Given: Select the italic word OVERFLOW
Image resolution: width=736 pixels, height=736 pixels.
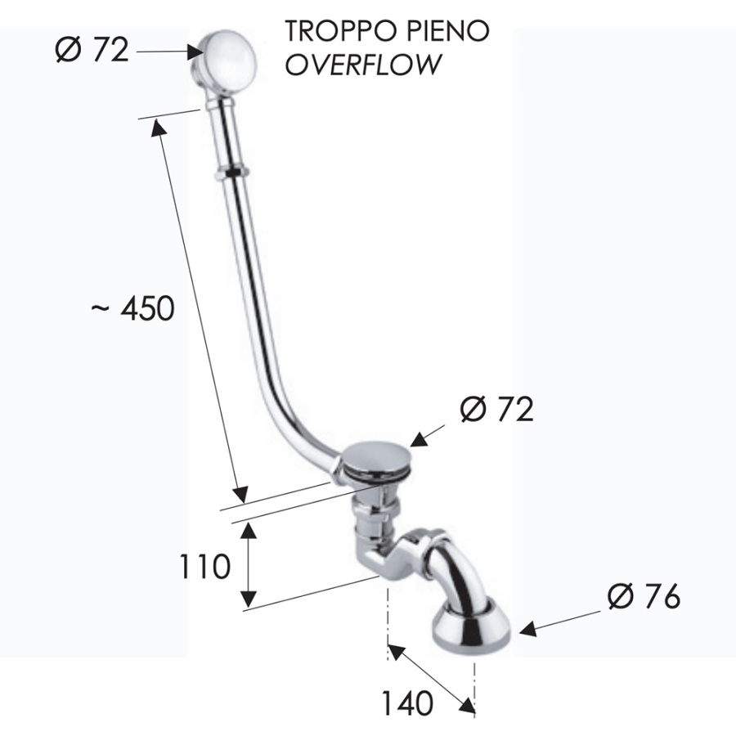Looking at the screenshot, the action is [363, 65].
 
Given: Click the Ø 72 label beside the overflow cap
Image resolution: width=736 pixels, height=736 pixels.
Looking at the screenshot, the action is [92, 49].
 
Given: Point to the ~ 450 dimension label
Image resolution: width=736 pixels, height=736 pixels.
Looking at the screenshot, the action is [132, 309].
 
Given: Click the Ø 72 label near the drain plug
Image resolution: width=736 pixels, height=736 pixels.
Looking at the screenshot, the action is [497, 409].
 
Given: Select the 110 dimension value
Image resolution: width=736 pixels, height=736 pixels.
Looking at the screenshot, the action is [204, 566].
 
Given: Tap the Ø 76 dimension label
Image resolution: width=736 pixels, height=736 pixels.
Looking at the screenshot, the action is [644, 597].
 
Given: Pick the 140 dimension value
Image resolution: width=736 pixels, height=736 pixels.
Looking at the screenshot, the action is [407, 703].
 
